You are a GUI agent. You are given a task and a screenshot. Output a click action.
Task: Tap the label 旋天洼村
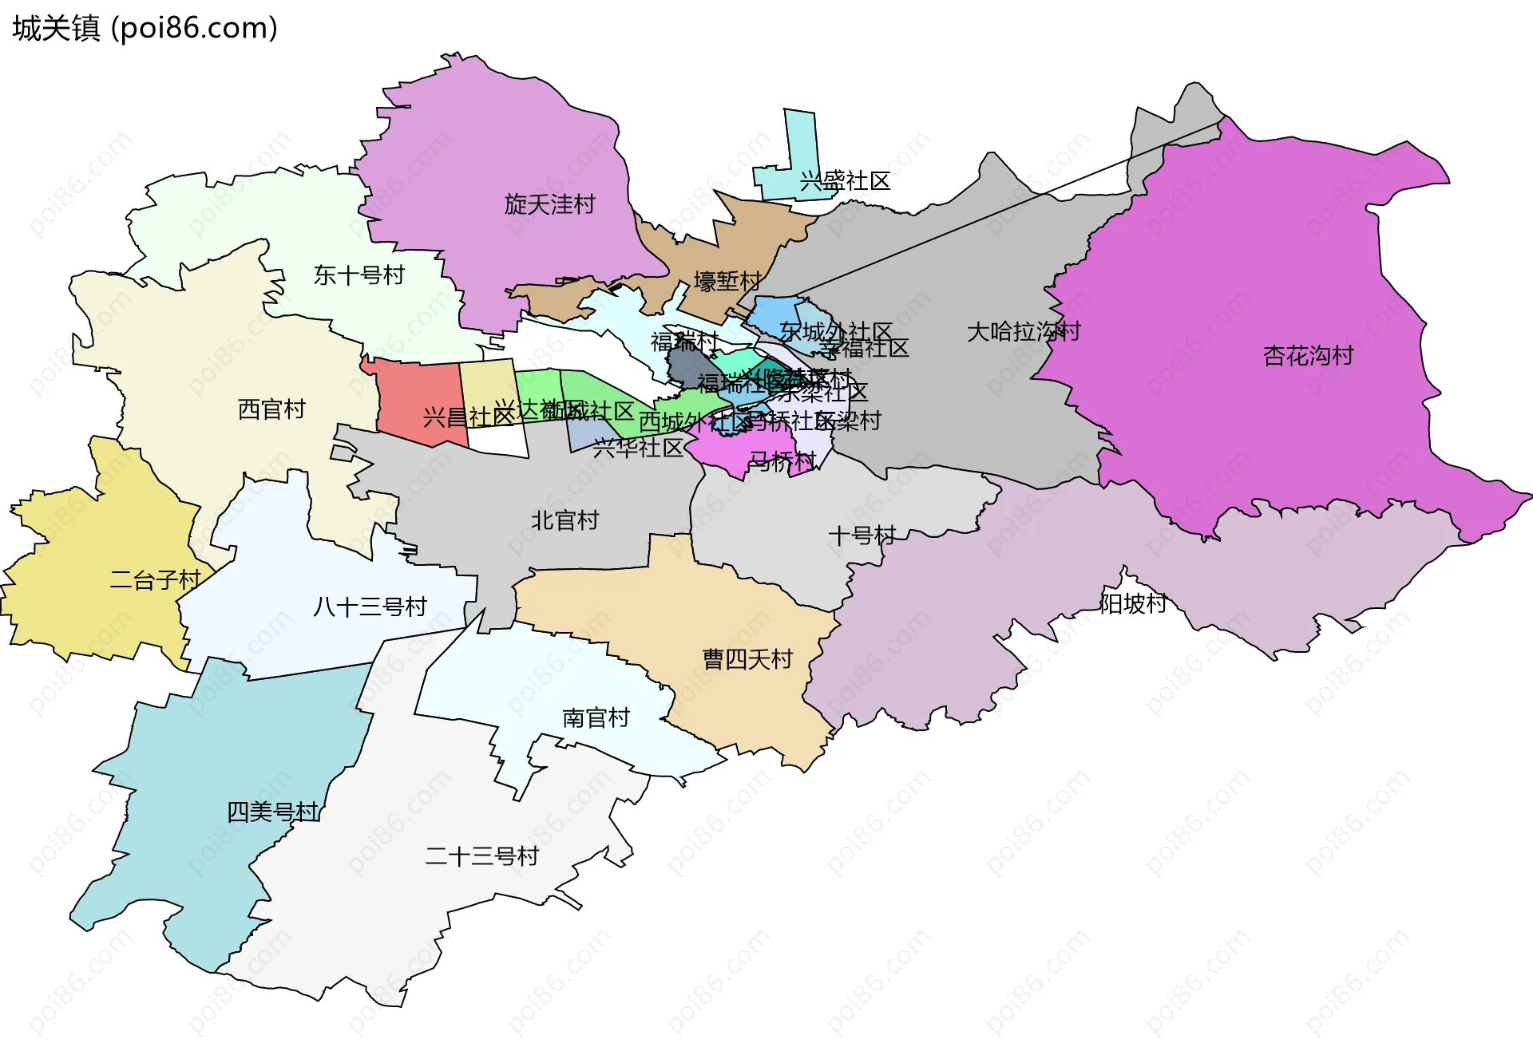point(549,204)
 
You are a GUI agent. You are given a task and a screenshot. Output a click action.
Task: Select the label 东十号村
point(358,275)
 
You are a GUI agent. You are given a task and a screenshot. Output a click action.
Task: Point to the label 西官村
point(271,409)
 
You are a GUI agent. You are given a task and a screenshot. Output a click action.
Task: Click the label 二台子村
point(155,580)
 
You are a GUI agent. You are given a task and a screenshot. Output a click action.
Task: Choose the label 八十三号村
point(370,607)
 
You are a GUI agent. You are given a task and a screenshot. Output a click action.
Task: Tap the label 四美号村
point(272,812)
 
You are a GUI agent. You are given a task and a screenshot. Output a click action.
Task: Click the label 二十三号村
point(481,856)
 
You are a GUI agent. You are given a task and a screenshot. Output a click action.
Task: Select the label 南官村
point(596,718)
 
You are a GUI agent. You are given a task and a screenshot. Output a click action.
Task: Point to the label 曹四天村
point(747,659)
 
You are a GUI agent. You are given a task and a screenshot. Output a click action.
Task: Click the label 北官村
point(564,520)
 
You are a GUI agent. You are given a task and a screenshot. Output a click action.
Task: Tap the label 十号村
point(862,535)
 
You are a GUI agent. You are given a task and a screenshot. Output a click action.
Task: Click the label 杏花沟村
point(1308,355)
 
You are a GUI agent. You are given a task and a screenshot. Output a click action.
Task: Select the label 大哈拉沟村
point(1023,331)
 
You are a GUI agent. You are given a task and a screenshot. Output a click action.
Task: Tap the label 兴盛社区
point(845,181)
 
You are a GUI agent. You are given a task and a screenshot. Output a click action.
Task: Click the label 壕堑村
point(727,281)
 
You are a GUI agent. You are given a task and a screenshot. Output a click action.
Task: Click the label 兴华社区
point(638,448)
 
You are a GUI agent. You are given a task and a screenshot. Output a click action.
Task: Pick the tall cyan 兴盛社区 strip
point(801,144)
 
